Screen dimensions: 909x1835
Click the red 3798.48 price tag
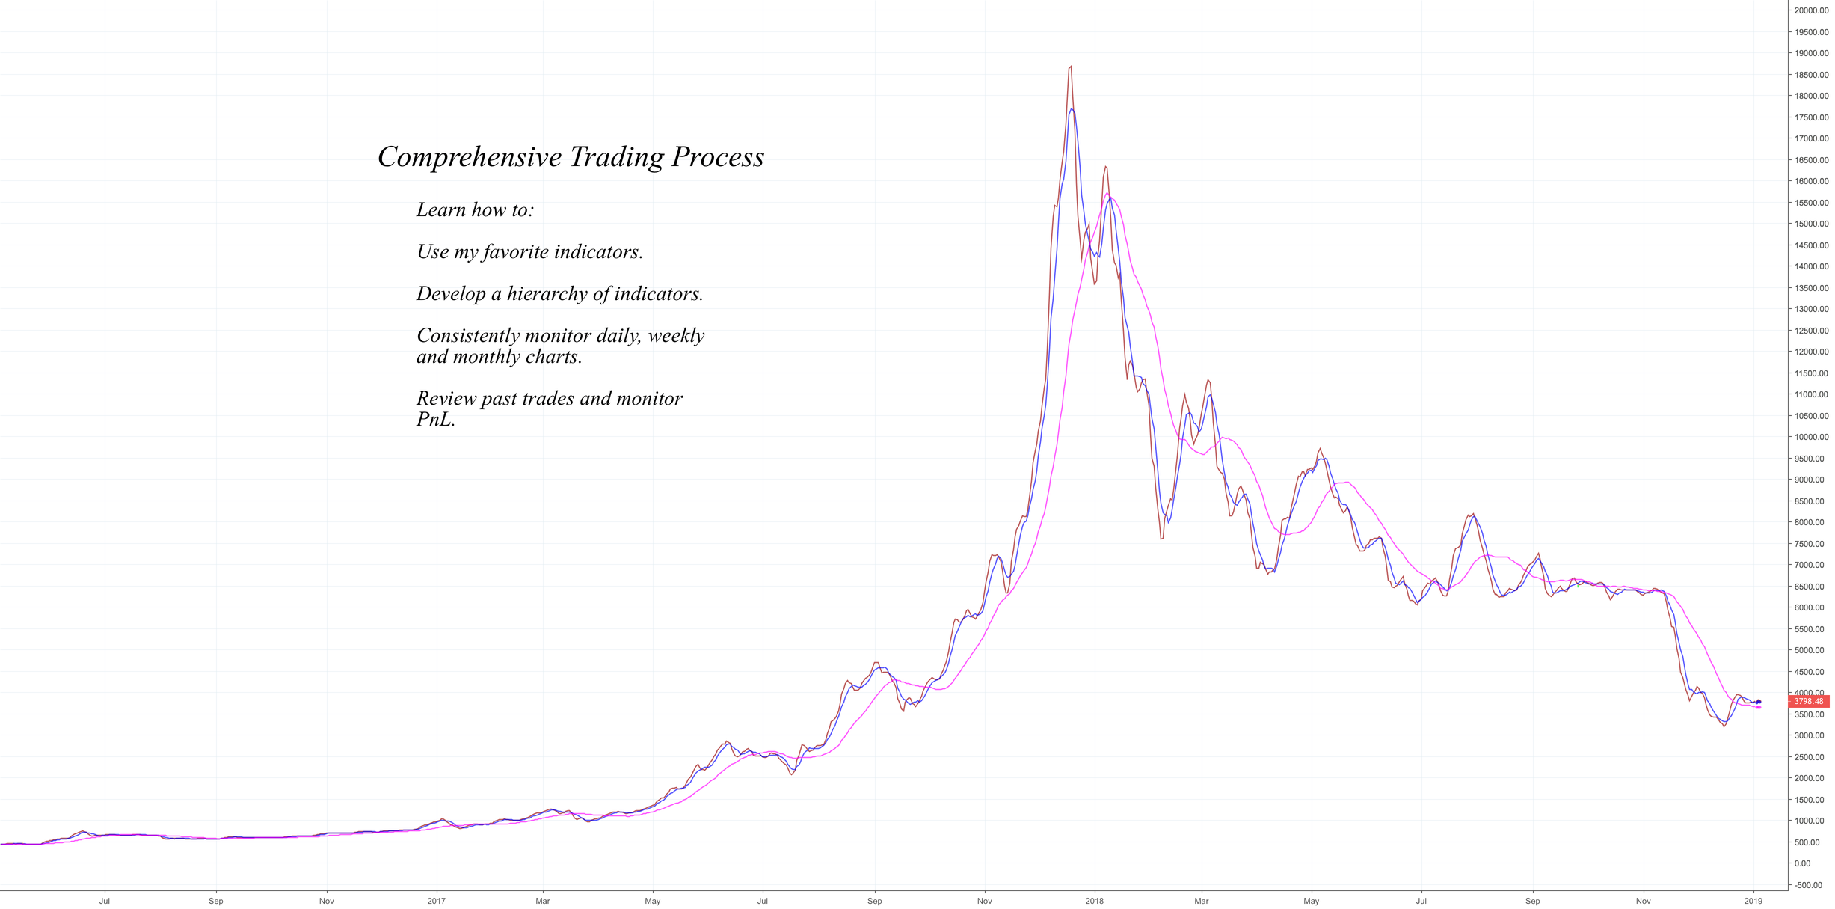coord(1808,702)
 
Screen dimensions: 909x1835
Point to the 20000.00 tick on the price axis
coord(1810,10)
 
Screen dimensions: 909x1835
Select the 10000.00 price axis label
coord(1810,437)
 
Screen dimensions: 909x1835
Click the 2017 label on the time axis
coord(436,901)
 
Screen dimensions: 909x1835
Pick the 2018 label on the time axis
coord(1094,901)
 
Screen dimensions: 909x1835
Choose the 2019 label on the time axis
coord(1753,901)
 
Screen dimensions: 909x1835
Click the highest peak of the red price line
coord(1071,67)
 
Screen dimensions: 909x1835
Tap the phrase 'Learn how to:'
coord(476,210)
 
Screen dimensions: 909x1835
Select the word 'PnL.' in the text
coord(436,420)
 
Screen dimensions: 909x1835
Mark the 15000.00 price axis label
coord(1810,224)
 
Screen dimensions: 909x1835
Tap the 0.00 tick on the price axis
coord(1802,863)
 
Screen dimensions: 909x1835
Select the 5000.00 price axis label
coord(1810,650)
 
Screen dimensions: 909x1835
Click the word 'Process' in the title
coord(717,158)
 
